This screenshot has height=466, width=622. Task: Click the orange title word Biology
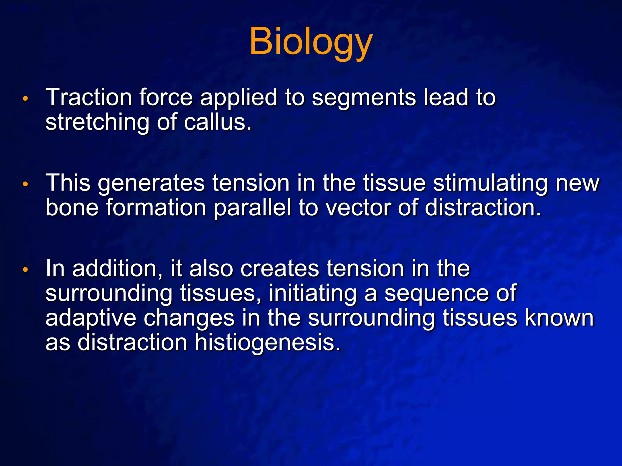(x=311, y=42)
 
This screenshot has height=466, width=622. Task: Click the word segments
(x=364, y=98)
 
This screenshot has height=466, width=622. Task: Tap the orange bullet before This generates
(x=26, y=184)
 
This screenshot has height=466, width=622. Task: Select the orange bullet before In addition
(x=26, y=269)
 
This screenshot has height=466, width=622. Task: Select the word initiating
(x=313, y=293)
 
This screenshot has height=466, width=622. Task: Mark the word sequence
(x=436, y=293)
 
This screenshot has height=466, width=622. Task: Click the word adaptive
(x=91, y=318)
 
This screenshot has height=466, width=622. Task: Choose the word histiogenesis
(x=267, y=343)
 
